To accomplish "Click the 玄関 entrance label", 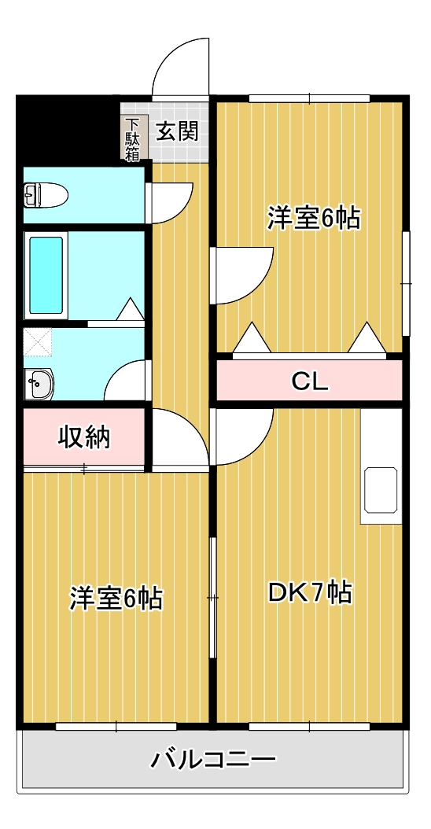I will [176, 131].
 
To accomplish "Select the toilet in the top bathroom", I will [46, 193].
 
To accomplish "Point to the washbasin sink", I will [37, 385].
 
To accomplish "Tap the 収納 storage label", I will [83, 437].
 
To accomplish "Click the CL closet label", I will [309, 381].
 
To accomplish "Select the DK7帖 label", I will [309, 592].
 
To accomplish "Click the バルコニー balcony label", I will [214, 760].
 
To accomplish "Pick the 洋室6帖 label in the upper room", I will [313, 218].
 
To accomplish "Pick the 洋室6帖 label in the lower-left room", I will [116, 598].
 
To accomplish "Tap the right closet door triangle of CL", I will [366, 338].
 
